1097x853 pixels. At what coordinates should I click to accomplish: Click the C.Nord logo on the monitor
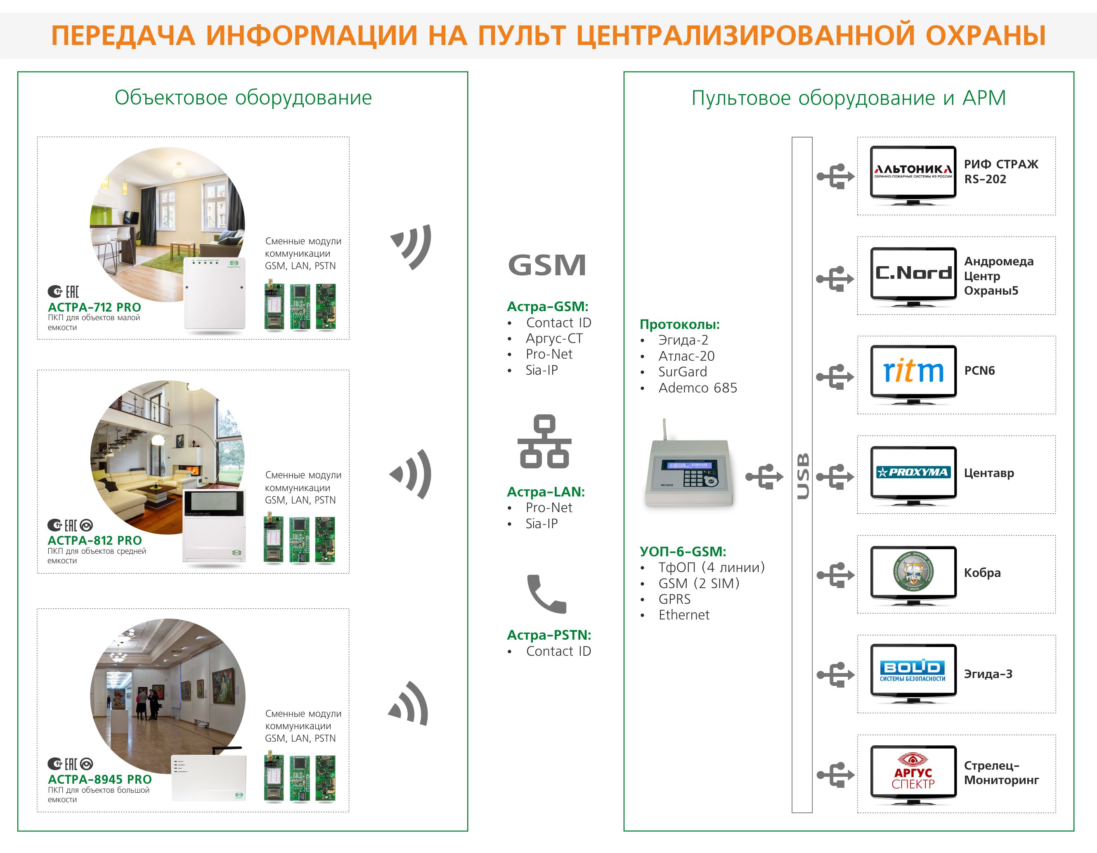click(913, 273)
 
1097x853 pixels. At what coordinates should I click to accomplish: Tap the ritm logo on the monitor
click(913, 371)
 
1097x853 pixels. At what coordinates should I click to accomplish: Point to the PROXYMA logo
click(913, 472)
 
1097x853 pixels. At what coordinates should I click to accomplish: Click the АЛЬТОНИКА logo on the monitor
click(913, 171)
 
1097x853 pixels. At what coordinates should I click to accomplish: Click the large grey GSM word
click(547, 265)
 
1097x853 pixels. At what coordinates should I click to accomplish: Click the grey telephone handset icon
click(546, 594)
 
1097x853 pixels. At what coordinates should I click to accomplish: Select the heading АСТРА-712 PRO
click(95, 307)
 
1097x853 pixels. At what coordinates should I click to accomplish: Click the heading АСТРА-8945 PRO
click(99, 779)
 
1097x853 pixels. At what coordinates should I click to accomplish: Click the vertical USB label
click(802, 475)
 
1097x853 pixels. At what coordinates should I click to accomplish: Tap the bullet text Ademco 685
click(697, 388)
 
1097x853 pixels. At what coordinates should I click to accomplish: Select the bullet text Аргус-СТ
click(554, 338)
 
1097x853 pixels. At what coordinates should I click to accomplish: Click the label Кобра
click(982, 573)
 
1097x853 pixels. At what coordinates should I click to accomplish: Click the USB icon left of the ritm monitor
click(835, 377)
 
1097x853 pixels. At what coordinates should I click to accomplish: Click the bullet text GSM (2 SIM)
click(699, 583)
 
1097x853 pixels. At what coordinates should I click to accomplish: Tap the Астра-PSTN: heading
click(548, 635)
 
